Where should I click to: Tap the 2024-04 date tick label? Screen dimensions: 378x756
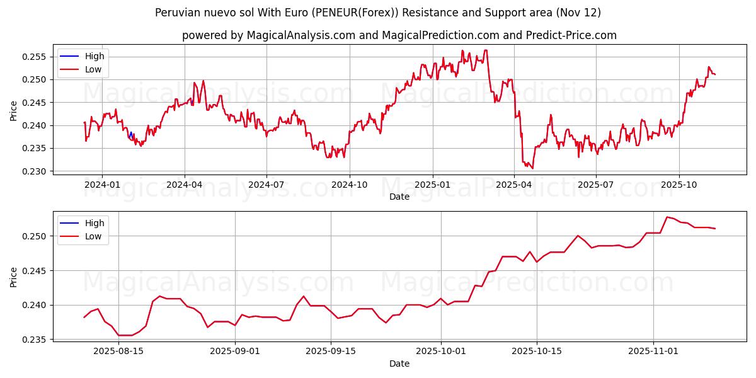[184, 185]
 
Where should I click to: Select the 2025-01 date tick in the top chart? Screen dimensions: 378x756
[432, 185]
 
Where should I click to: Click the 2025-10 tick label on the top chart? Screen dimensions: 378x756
[679, 185]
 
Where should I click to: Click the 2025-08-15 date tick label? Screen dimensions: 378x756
[118, 352]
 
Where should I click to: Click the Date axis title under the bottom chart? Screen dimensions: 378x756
[399, 364]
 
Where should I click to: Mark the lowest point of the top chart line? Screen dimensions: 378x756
[532, 168]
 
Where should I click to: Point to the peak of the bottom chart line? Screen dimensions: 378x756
[667, 217]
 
